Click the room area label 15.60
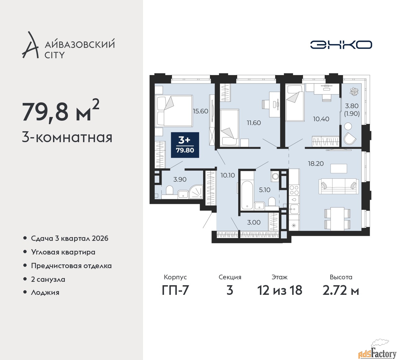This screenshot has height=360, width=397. [200, 111]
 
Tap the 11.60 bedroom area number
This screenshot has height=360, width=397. [254, 123]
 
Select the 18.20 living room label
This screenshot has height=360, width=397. [316, 164]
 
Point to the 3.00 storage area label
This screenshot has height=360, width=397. [254, 222]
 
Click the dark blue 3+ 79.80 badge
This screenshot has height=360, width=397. [185, 145]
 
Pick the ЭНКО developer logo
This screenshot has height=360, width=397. [341, 45]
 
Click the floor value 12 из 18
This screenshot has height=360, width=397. [280, 290]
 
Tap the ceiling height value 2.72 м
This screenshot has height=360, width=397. [341, 290]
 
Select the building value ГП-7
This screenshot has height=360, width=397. [175, 290]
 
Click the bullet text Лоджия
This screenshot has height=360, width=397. [45, 292]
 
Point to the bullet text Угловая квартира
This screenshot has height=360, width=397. [63, 252]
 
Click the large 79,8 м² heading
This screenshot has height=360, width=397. [60, 111]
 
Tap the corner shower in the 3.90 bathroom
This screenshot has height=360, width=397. [196, 192]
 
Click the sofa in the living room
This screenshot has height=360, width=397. [339, 186]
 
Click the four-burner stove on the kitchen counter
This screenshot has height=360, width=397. [294, 190]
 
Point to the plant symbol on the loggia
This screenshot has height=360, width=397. [353, 91]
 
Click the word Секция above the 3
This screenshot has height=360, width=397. [230, 277]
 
